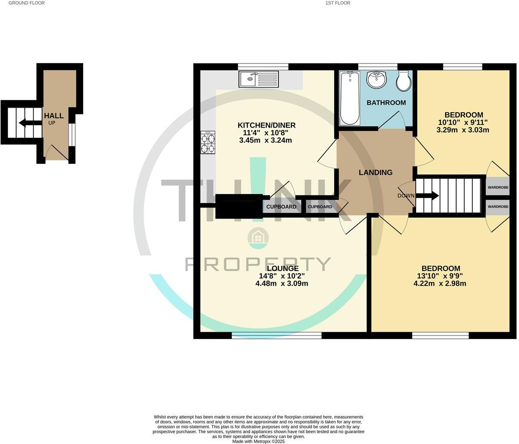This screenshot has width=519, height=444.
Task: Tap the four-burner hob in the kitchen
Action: (208, 142)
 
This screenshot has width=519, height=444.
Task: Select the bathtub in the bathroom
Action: (350, 98)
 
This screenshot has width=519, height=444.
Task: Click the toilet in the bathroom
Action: (403, 81)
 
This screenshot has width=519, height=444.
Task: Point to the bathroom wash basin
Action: (376, 79)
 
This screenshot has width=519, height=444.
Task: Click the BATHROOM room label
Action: (386, 102)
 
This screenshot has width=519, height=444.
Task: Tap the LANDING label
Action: (375, 172)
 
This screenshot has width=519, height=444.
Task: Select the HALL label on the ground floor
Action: (54, 116)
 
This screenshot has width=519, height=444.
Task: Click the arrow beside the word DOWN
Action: (429, 196)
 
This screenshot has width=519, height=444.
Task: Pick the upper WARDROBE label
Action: (498, 187)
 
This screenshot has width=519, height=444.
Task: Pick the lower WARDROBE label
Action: (498, 207)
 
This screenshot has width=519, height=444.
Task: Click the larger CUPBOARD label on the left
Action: (281, 207)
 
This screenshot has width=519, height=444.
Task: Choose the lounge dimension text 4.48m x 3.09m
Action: (282, 283)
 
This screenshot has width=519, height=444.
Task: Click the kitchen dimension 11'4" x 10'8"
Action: (266, 133)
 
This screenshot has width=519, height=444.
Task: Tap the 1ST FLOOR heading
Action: (338, 3)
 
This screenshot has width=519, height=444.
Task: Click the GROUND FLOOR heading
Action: (26, 3)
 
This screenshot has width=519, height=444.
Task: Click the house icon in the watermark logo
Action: (258, 237)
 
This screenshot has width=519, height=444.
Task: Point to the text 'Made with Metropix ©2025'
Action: (258, 441)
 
